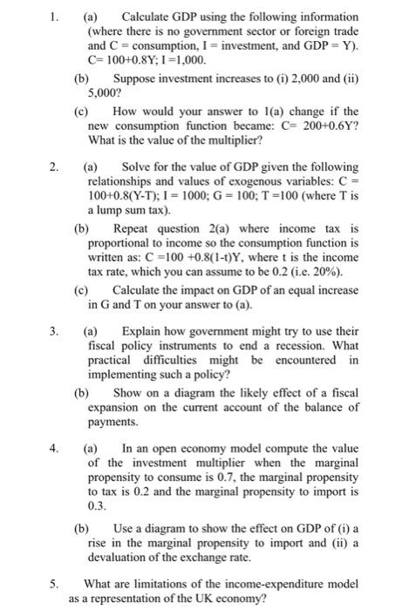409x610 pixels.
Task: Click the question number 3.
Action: pos(54,331)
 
